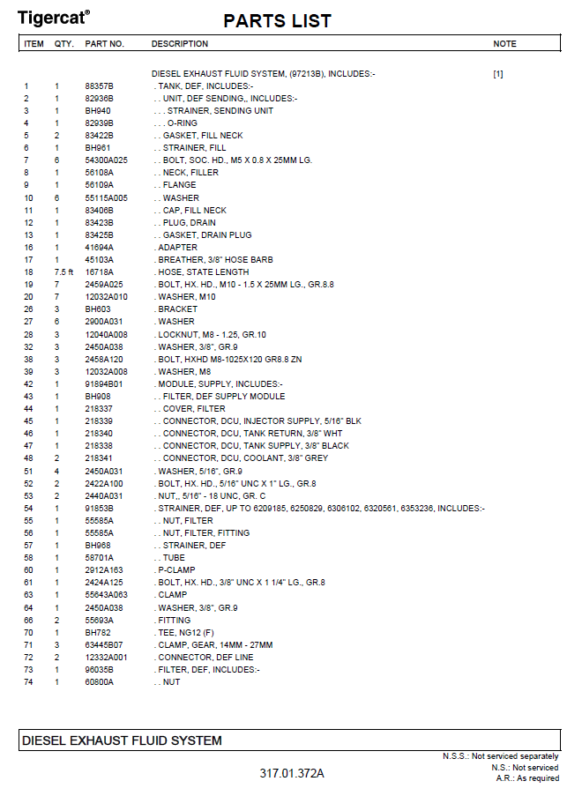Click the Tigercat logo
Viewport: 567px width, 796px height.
tap(54, 17)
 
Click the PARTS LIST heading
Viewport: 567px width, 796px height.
tap(277, 21)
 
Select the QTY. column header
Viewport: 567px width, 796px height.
tap(63, 44)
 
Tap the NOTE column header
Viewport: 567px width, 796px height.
tap(504, 44)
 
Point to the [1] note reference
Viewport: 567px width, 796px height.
tap(498, 74)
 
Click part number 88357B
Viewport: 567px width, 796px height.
tap(99, 86)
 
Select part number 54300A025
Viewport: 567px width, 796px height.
tap(106, 160)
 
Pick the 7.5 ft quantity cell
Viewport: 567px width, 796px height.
tap(63, 272)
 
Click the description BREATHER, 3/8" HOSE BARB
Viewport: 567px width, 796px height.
tap(215, 260)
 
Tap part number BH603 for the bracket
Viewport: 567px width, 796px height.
tap(97, 309)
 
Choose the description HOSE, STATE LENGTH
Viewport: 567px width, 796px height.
tap(204, 272)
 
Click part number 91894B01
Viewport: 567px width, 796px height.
tap(104, 384)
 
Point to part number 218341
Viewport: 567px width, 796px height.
tap(99, 458)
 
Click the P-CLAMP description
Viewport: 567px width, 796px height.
tap(178, 570)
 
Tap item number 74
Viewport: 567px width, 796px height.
tap(27, 682)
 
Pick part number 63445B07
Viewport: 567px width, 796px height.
tap(104, 645)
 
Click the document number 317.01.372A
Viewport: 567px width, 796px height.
tap(292, 774)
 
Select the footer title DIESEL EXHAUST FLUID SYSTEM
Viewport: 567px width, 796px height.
tap(122, 740)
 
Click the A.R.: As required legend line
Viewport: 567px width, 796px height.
tap(527, 778)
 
